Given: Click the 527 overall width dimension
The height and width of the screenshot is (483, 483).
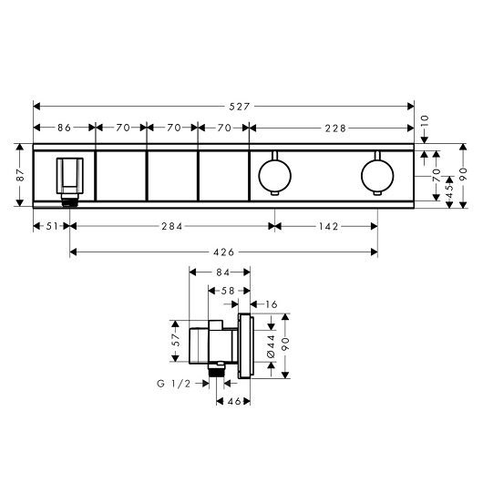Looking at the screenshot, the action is coord(240,107).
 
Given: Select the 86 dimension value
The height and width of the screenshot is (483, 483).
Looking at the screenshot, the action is coord(64,128).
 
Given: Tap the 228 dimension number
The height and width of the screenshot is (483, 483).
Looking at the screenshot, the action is coord(335,128).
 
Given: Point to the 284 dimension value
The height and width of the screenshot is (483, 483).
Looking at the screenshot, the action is coord(172,226).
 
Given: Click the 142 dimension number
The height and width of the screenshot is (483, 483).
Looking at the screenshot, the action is coord(328,226).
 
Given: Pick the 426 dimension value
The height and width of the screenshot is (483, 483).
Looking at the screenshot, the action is coord(223,252).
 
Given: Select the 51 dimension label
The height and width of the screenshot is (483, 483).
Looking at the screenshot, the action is coord(52,226).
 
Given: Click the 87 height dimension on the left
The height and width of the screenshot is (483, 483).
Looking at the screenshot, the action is coord(20,175).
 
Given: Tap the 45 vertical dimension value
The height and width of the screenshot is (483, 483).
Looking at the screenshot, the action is coord(449,191).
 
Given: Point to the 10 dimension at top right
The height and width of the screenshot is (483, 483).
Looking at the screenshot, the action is coord(425,120).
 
